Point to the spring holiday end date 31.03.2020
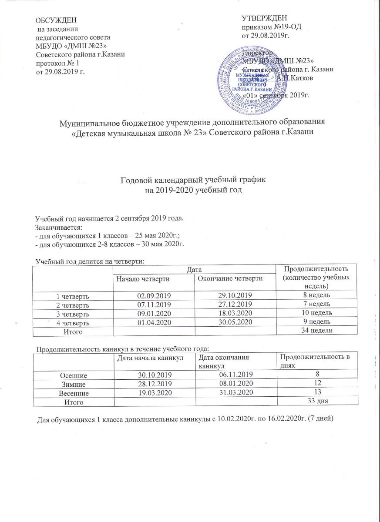click(237, 392)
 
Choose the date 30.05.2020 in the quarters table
click(235, 322)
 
